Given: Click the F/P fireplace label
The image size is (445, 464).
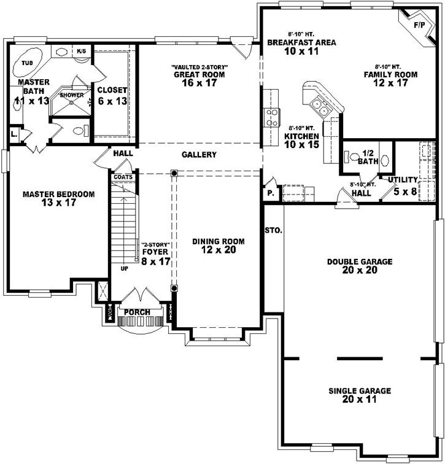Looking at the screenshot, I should tap(419, 25).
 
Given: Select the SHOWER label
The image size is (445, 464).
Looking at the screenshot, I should tap(71, 95).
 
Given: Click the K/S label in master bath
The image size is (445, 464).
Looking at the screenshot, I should tap(81, 51).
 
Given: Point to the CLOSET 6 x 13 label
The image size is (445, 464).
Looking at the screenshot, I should tap(112, 95).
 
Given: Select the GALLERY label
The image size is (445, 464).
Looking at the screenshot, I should tap(199, 155).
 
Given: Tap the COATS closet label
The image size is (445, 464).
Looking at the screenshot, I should tap(122, 177).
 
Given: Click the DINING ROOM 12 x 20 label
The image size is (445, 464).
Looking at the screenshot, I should tap(218, 245).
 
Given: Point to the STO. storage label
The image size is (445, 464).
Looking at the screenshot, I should tap(273, 231).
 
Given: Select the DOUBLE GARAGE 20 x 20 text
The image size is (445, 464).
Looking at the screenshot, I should tap(359, 266).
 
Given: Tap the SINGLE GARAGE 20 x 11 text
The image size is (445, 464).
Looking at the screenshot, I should tap(360, 395).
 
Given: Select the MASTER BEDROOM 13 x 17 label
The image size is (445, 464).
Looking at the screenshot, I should tap(58, 198).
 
